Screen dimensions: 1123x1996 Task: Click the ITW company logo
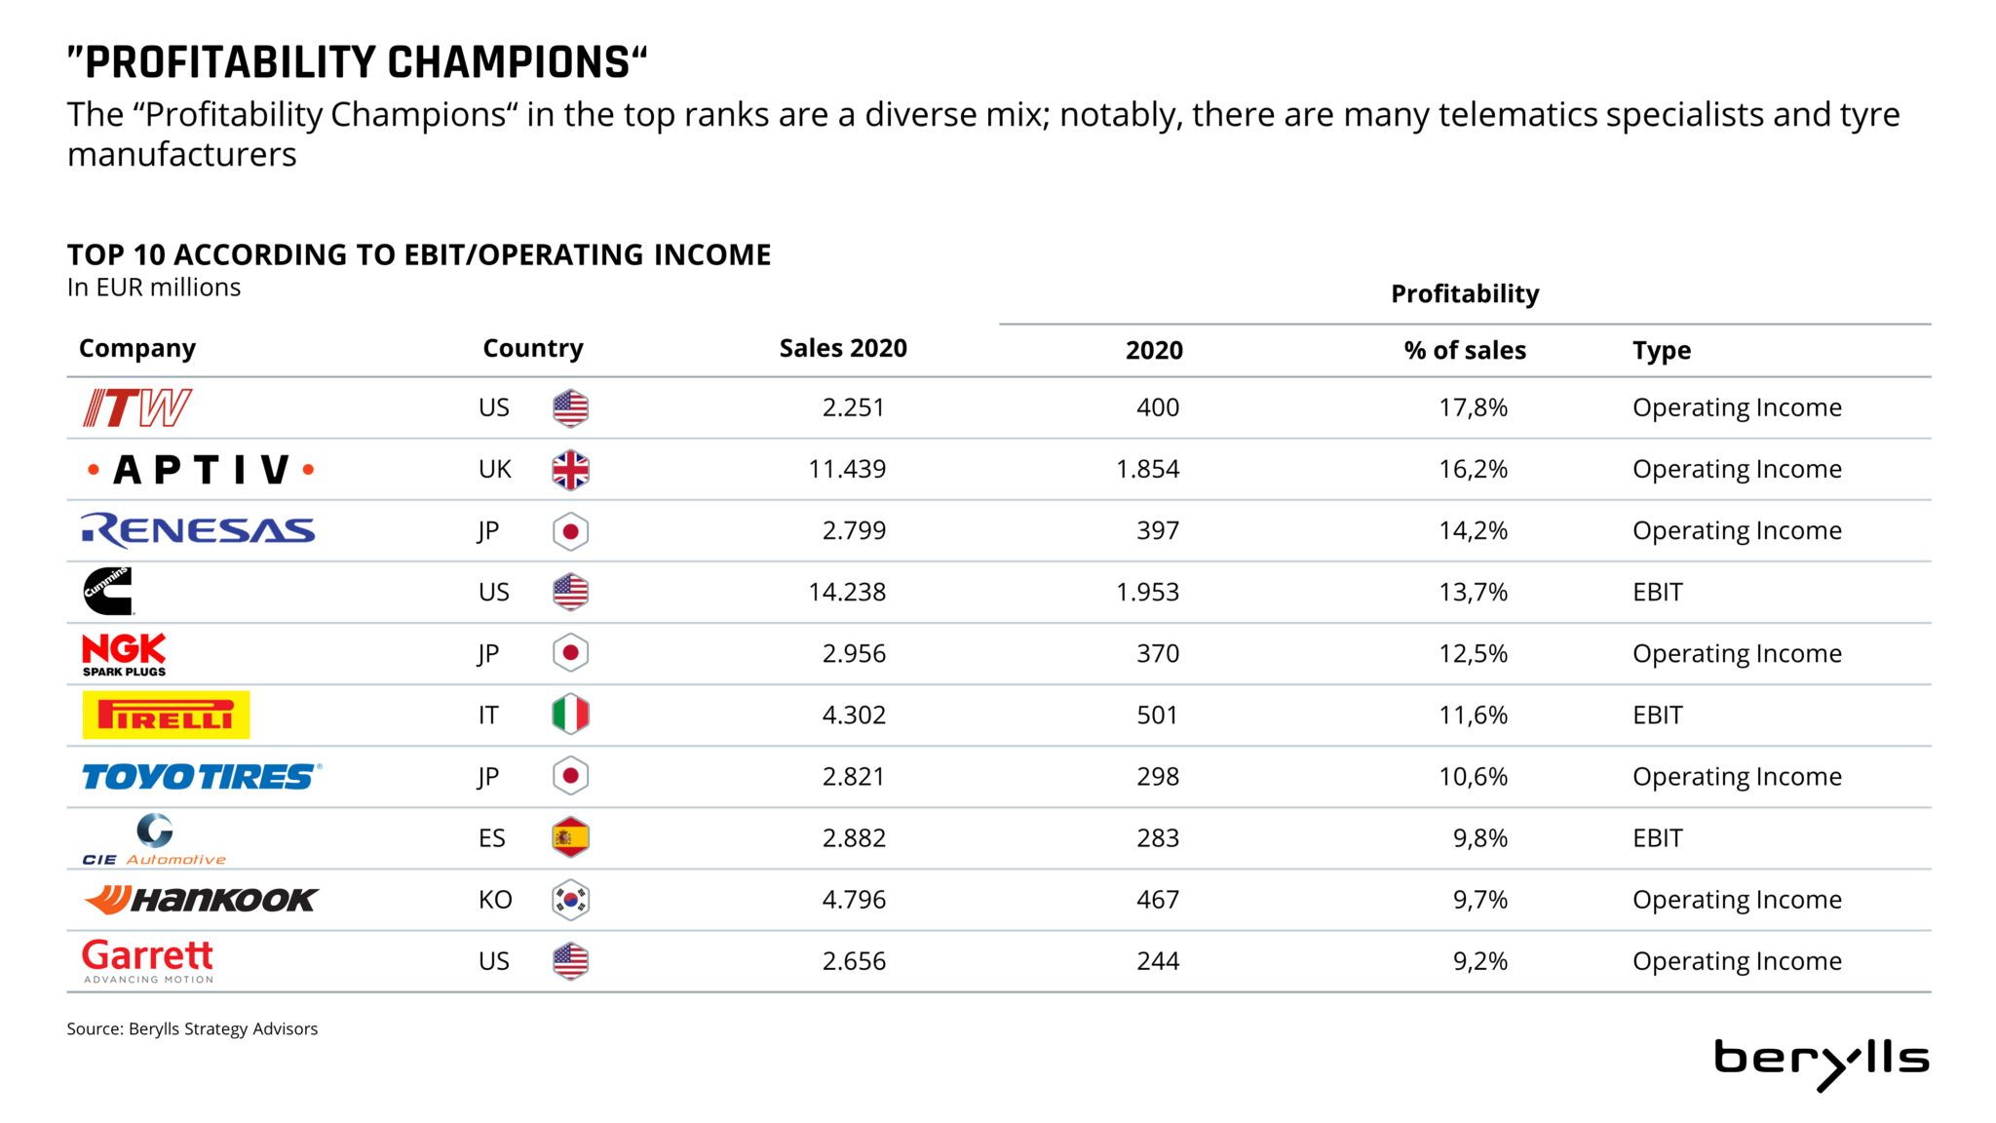pos(137,407)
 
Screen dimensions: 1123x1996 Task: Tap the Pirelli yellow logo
pos(166,715)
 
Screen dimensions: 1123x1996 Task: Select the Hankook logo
pos(201,900)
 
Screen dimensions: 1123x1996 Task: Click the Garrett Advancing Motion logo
pos(147,961)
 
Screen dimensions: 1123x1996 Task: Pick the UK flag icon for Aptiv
pos(570,470)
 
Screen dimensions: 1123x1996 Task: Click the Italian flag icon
pos(570,715)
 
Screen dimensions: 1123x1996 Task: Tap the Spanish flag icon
pos(570,837)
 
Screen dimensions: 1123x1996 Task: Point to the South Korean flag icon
pos(570,900)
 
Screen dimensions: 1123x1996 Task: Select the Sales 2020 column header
pos(843,349)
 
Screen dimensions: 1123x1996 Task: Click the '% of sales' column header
pos(1465,351)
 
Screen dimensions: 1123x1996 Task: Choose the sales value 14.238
pos(847,592)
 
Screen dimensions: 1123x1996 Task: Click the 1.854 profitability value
pos(1147,469)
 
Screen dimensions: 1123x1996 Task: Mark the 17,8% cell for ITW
pos(1473,407)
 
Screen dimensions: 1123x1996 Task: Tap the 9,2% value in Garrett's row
pos(1479,961)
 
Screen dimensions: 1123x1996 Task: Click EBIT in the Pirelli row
pos(1657,715)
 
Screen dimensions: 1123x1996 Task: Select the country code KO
pos(495,900)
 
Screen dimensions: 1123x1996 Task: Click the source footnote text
pos(192,1028)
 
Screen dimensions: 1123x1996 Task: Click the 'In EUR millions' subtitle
pos(154,288)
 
